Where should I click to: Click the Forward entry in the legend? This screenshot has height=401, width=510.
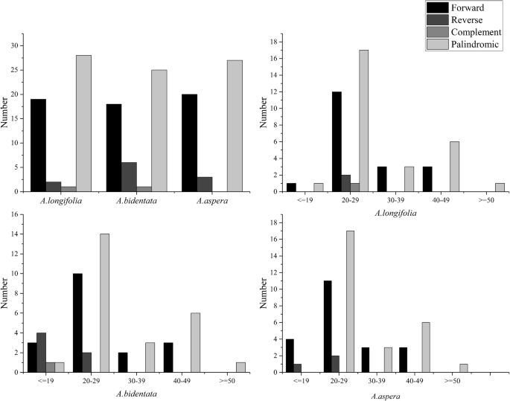(466, 7)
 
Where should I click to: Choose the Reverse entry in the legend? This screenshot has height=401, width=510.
(466, 19)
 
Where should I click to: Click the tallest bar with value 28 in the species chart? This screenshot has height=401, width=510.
(83, 123)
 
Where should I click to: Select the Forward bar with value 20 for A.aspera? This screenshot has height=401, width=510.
(189, 141)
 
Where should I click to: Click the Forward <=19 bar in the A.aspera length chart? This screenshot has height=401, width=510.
(290, 355)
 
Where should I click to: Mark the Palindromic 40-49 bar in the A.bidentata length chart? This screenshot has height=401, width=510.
(196, 339)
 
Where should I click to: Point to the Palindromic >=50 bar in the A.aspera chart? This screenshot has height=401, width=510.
(463, 368)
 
